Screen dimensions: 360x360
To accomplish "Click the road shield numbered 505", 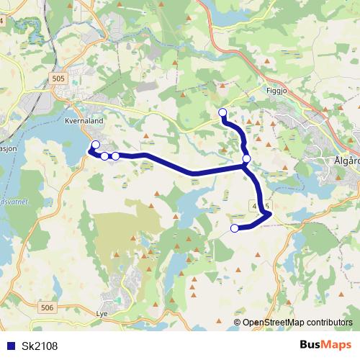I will pyautogui.click(x=58, y=78).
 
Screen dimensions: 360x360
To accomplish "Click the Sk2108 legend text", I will pyautogui.click(x=40, y=346).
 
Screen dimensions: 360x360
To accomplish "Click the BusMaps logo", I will pyautogui.click(x=325, y=345).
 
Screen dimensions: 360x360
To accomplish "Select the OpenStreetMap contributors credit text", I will pyautogui.click(x=297, y=323).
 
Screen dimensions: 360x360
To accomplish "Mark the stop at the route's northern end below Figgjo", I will pyautogui.click(x=222, y=112).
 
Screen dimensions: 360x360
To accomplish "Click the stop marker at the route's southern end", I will pyautogui.click(x=234, y=228).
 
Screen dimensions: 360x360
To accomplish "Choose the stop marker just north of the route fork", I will pyautogui.click(x=246, y=158).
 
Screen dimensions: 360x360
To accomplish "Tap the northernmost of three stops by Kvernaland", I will pyautogui.click(x=96, y=145).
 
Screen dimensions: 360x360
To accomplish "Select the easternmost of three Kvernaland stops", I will pyautogui.click(x=115, y=156).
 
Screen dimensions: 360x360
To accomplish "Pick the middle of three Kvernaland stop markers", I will pyautogui.click(x=104, y=156).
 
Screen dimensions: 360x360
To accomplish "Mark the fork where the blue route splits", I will pyautogui.click(x=245, y=167).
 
